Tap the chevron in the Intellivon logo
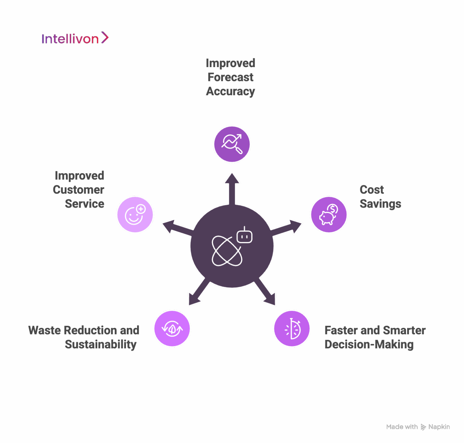[105, 38]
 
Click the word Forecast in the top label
[230, 77]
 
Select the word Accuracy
[230, 92]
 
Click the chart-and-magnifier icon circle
[232, 144]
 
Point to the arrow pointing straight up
[232, 189]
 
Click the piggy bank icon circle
[329, 215]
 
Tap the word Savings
[380, 204]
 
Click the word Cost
[372, 190]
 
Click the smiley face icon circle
[135, 215]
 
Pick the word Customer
[79, 190]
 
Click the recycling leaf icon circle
[172, 328]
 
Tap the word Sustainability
[101, 344]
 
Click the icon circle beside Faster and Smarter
[292, 328]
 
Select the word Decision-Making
[369, 344]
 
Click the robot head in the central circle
[245, 235]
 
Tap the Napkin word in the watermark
[439, 427]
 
